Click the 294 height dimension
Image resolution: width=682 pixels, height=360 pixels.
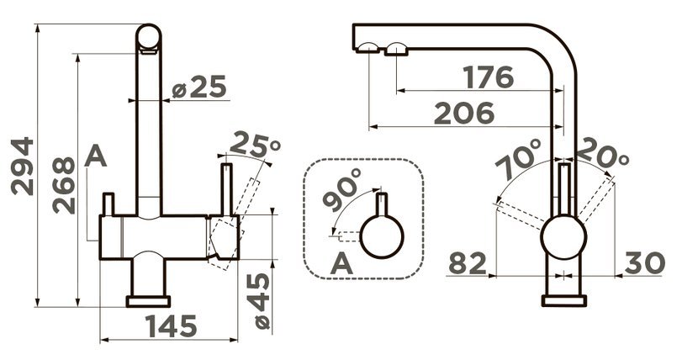[x=23, y=166]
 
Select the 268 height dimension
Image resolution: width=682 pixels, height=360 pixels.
[x=64, y=185]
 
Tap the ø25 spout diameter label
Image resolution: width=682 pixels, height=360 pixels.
[x=199, y=87]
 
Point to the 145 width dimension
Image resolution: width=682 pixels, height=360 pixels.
[x=171, y=326]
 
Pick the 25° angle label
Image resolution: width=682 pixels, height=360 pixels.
[x=255, y=144]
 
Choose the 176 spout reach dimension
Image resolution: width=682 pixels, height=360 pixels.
[x=488, y=77]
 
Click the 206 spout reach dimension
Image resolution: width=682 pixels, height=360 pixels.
[x=464, y=113]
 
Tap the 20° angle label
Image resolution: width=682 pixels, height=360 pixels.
[x=602, y=152]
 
